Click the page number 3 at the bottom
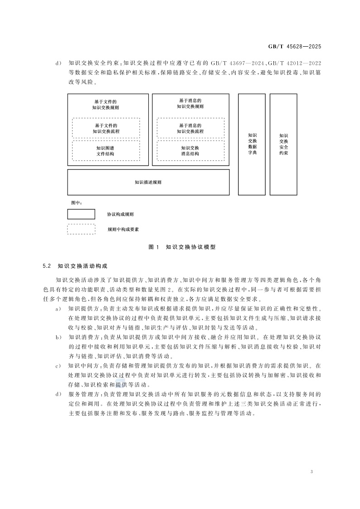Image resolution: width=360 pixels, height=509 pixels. click(x=312, y=472)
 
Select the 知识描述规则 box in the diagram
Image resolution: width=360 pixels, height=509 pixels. click(x=148, y=182)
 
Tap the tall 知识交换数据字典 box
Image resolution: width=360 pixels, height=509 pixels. click(x=252, y=144)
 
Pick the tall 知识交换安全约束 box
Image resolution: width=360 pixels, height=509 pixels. click(x=283, y=144)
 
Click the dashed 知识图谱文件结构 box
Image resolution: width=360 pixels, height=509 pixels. click(x=106, y=150)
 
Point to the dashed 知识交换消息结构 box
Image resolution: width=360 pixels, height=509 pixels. click(x=190, y=150)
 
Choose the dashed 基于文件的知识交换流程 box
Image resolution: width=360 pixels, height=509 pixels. click(x=106, y=128)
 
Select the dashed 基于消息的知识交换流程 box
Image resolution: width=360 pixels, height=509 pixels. click(x=190, y=128)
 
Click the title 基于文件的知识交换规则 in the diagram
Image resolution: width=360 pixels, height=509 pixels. click(x=106, y=105)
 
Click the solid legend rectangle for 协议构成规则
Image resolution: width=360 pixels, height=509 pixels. click(x=81, y=214)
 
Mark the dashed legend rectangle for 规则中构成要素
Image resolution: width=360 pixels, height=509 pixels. click(x=81, y=229)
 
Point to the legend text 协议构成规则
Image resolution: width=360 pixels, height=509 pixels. click(x=120, y=214)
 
